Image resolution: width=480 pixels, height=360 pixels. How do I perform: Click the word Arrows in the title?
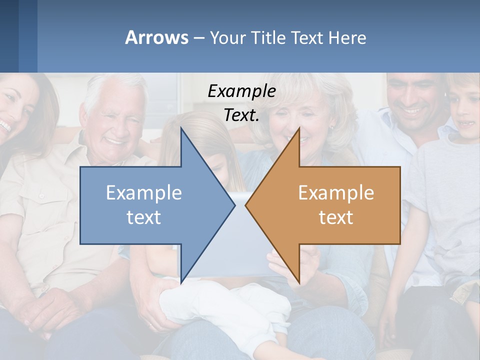(x=156, y=37)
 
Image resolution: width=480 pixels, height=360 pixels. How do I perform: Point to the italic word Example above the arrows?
(x=241, y=91)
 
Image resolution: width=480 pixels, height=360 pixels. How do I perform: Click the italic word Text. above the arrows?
(x=241, y=115)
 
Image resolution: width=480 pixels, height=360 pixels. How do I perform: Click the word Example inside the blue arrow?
(x=144, y=193)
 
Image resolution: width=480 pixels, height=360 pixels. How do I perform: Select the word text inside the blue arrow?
(x=144, y=217)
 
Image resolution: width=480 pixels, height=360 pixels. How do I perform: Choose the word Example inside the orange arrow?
(x=336, y=193)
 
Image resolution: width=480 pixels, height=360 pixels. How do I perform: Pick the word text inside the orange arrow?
(x=336, y=217)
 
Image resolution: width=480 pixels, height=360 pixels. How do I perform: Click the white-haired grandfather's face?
(x=114, y=120)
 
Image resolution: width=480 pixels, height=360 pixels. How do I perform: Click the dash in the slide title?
(x=198, y=38)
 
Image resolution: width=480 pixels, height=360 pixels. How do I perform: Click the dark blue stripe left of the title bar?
(x=10, y=36)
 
